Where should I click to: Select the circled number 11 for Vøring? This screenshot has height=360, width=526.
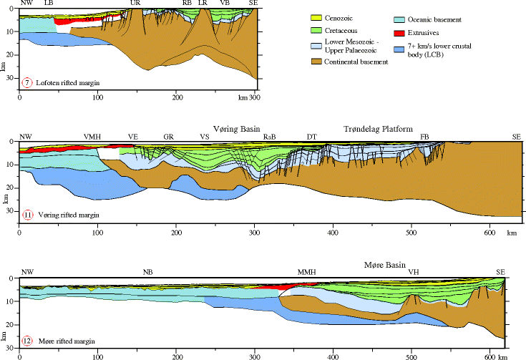[x=27, y=214]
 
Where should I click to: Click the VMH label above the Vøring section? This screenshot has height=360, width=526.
[x=92, y=137]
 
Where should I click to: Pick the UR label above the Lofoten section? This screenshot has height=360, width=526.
[x=135, y=4]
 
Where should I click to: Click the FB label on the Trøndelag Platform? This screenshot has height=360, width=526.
[x=425, y=137]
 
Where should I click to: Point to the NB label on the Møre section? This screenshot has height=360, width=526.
[x=147, y=272]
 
